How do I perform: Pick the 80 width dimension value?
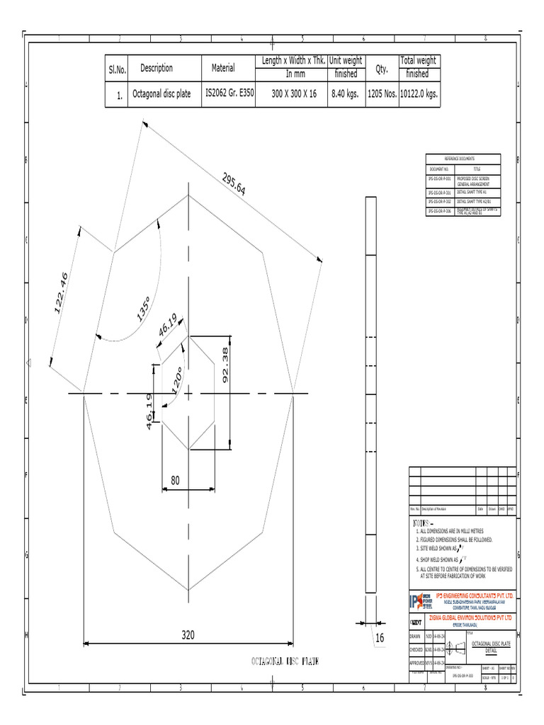(x=174, y=480)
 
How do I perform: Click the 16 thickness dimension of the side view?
(x=380, y=638)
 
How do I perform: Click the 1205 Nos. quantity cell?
(x=381, y=93)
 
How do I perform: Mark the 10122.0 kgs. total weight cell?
(x=419, y=93)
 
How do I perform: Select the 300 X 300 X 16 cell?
(x=294, y=93)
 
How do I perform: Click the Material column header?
(x=223, y=68)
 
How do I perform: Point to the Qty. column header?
(x=381, y=68)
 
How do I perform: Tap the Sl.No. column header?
(x=117, y=69)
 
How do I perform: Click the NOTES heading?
(x=423, y=522)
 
